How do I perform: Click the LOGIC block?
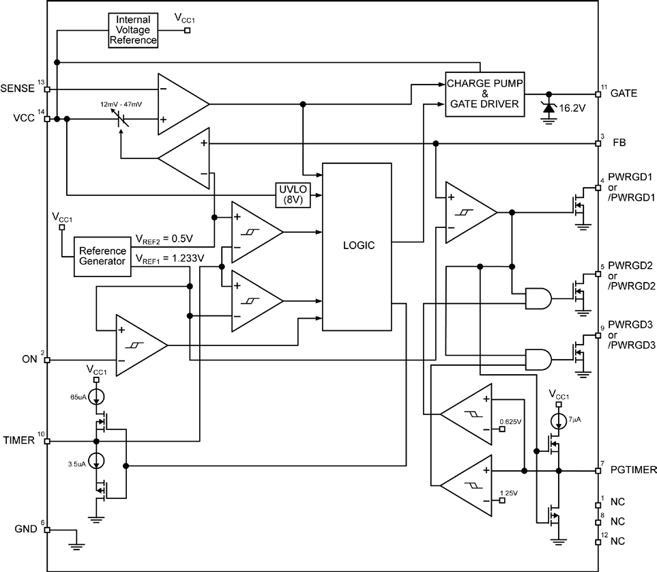point(357,246)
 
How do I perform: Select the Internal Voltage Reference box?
point(133,29)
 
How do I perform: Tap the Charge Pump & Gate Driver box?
point(484,94)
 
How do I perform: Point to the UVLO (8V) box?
point(293,195)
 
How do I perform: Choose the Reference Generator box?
point(102,256)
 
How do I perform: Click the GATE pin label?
point(624,93)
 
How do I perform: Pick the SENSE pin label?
point(18,89)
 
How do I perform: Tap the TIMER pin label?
point(18,441)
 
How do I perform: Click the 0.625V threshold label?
point(512,421)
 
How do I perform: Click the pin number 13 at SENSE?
point(42,83)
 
